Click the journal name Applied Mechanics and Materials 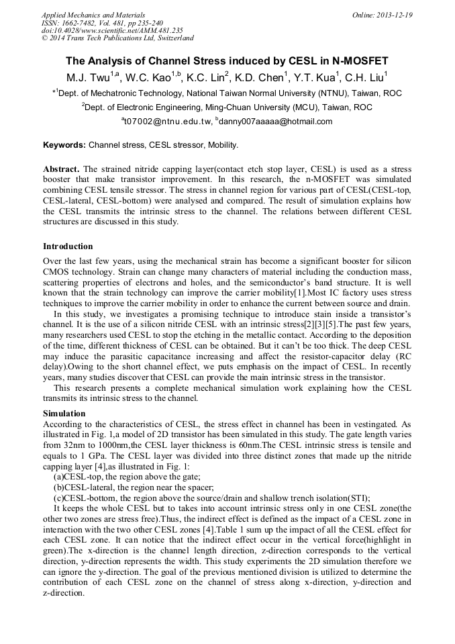tap(84, 15)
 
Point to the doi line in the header tap(112, 30)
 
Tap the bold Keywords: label tap(64, 145)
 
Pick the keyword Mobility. tap(223, 145)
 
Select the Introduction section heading tap(68, 246)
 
